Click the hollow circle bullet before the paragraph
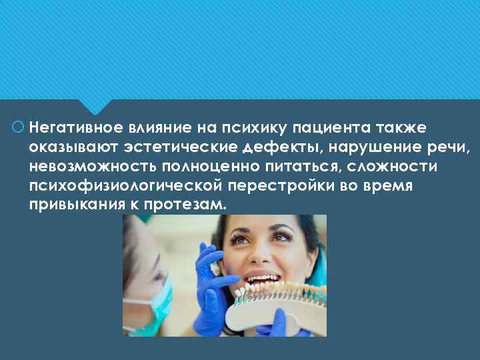[x=18, y=127]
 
